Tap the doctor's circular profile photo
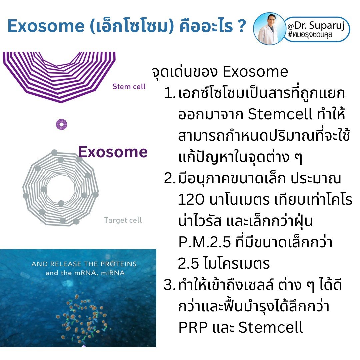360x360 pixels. (269, 28)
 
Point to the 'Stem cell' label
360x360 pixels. (129, 87)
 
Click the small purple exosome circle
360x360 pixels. (61, 124)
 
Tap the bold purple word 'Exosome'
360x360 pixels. (113, 152)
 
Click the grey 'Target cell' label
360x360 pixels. (123, 220)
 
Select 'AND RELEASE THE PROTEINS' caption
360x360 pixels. (84, 264)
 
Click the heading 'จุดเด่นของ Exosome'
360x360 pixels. (220, 72)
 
